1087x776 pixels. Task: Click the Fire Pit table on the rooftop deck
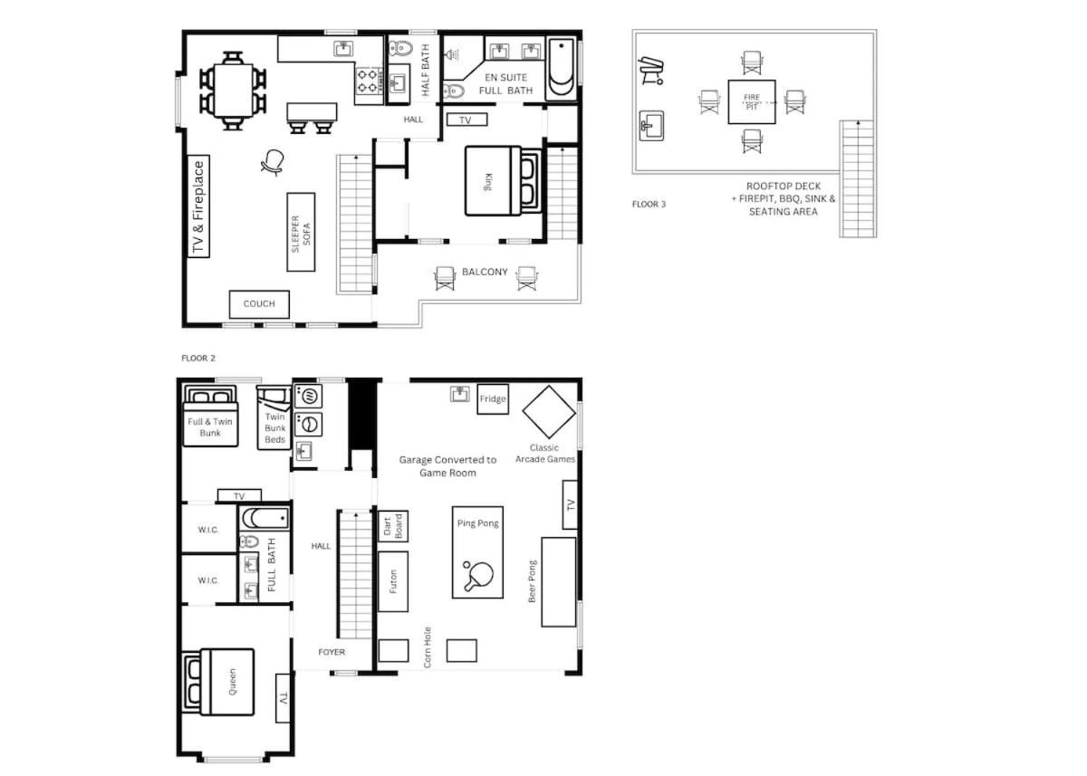click(x=752, y=101)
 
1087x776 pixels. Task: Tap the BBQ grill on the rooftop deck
click(x=650, y=71)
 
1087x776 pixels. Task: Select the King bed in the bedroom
click(x=503, y=181)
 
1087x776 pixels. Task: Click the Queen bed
click(x=218, y=682)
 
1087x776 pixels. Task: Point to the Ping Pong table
click(x=477, y=552)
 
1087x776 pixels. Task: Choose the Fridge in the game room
click(x=493, y=399)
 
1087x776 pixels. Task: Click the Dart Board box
click(x=392, y=526)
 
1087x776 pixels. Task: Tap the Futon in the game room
click(x=392, y=581)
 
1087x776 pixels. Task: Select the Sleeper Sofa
click(x=301, y=232)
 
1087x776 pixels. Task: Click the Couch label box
click(x=259, y=304)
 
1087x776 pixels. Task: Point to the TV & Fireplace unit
click(x=198, y=206)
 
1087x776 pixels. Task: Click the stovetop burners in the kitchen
click(x=368, y=81)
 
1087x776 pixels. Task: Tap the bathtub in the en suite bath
click(x=562, y=69)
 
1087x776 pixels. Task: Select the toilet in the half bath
click(x=400, y=48)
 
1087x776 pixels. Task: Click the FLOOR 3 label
click(x=649, y=204)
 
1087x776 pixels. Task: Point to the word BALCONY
click(x=485, y=272)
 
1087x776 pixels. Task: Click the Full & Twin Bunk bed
click(x=210, y=416)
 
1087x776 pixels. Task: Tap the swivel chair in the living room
click(x=273, y=162)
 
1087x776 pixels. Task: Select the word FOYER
click(x=332, y=652)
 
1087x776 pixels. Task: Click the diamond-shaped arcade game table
click(x=549, y=412)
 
